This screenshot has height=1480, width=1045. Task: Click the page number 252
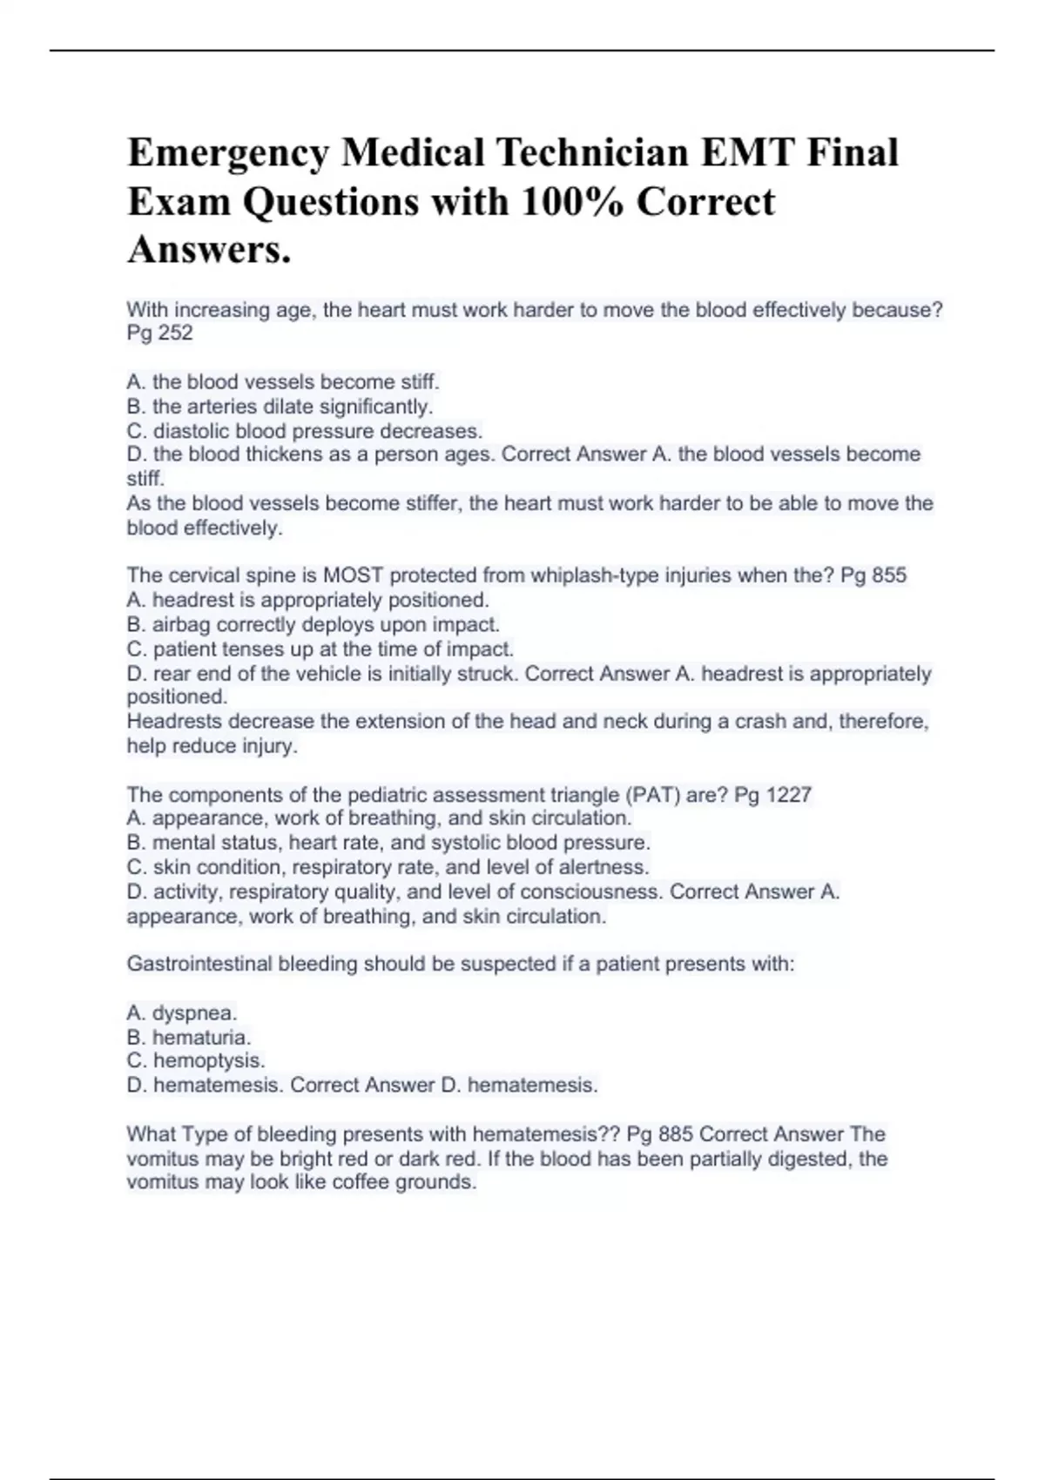coord(175,333)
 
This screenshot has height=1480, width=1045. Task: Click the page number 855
coord(887,575)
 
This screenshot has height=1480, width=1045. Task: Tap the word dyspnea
coord(194,1013)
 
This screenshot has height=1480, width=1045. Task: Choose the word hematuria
coord(201,1038)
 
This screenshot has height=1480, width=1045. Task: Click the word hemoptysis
coord(209,1061)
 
